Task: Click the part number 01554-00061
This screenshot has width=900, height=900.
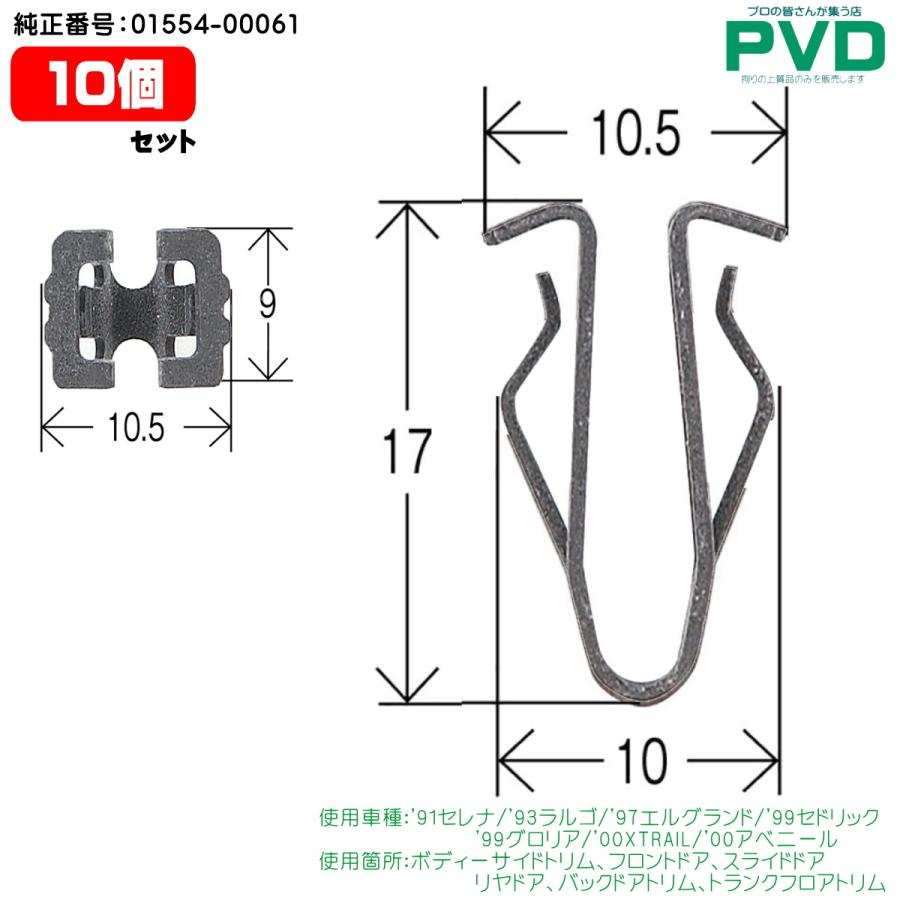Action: (x=215, y=24)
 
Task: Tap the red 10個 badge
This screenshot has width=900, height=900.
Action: (x=103, y=84)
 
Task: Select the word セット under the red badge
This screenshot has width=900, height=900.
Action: (x=163, y=141)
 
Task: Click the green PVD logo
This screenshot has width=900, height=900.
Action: (x=805, y=46)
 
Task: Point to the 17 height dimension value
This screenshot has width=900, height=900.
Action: (x=406, y=451)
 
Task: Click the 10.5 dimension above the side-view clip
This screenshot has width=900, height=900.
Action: (x=636, y=133)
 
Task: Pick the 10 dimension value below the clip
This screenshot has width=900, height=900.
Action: (x=642, y=761)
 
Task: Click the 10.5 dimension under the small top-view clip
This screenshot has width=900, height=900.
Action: (x=137, y=428)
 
